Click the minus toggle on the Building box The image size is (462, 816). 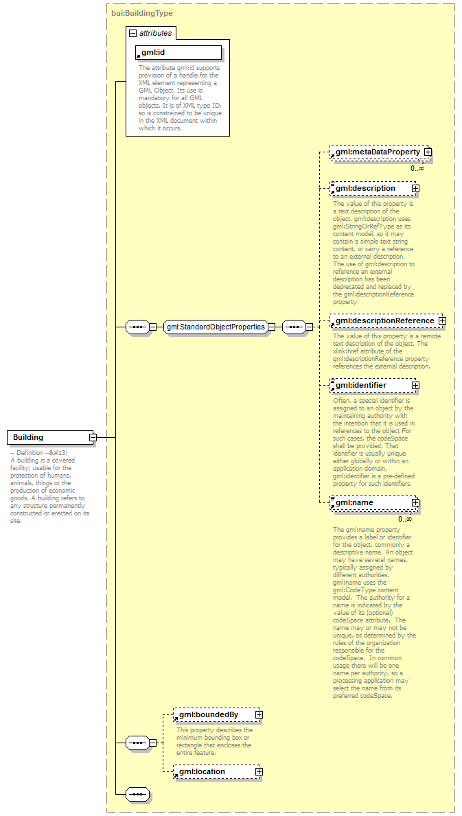pyautogui.click(x=92, y=437)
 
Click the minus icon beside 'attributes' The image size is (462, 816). pyautogui.click(x=132, y=33)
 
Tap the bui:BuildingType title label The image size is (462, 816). pyautogui.click(x=142, y=13)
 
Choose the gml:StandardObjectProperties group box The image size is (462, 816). pyautogui.click(x=215, y=327)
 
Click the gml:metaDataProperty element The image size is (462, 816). pyautogui.click(x=377, y=152)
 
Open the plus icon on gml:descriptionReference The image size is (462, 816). pyautogui.click(x=442, y=320)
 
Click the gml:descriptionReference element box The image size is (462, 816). pyautogui.click(x=384, y=320)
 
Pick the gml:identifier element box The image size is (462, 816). pyautogui.click(x=371, y=386)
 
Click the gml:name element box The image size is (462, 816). pyautogui.click(x=371, y=503)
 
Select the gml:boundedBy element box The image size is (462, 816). pyautogui.click(x=213, y=715)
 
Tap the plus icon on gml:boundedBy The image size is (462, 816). pyautogui.click(x=259, y=715)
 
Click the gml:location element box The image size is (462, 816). pyautogui.click(x=213, y=772)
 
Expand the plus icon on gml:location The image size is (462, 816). pyautogui.click(x=259, y=772)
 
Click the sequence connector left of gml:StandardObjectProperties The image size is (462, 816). pyautogui.click(x=139, y=327)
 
